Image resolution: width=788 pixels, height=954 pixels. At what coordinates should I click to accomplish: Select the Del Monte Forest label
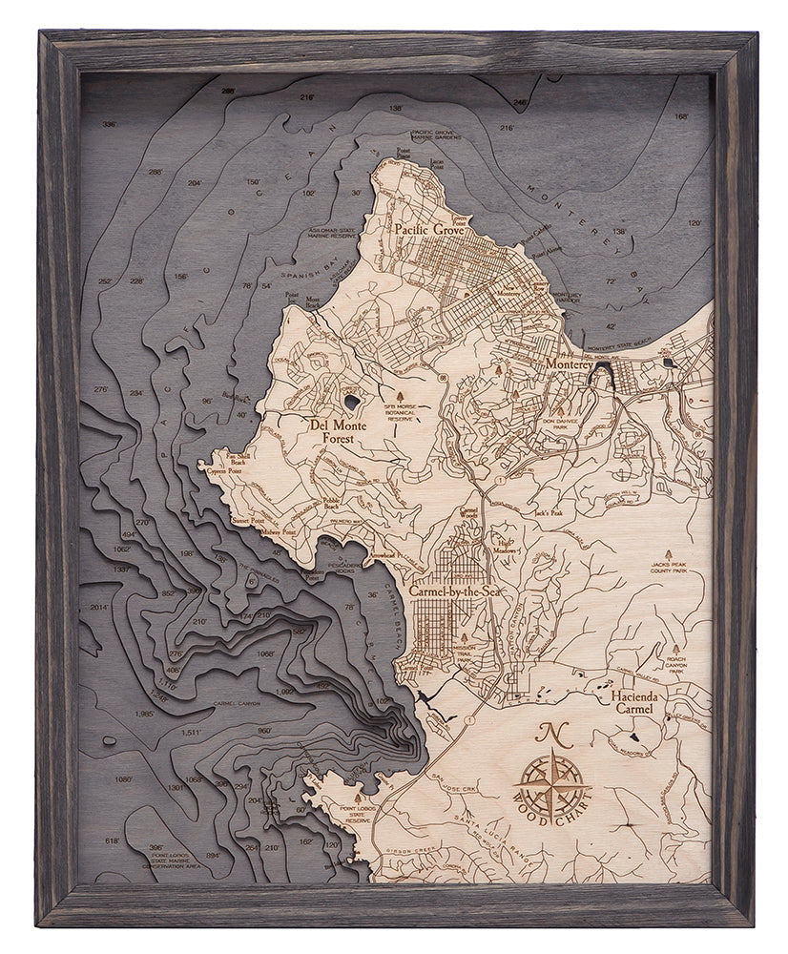(x=331, y=432)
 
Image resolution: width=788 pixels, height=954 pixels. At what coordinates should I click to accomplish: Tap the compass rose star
(x=551, y=781)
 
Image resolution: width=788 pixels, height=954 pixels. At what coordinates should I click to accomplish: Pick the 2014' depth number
(x=100, y=607)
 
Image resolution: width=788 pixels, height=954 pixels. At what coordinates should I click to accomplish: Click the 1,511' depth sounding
(x=191, y=733)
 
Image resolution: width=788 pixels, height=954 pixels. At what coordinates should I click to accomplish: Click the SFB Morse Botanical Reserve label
(x=401, y=412)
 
